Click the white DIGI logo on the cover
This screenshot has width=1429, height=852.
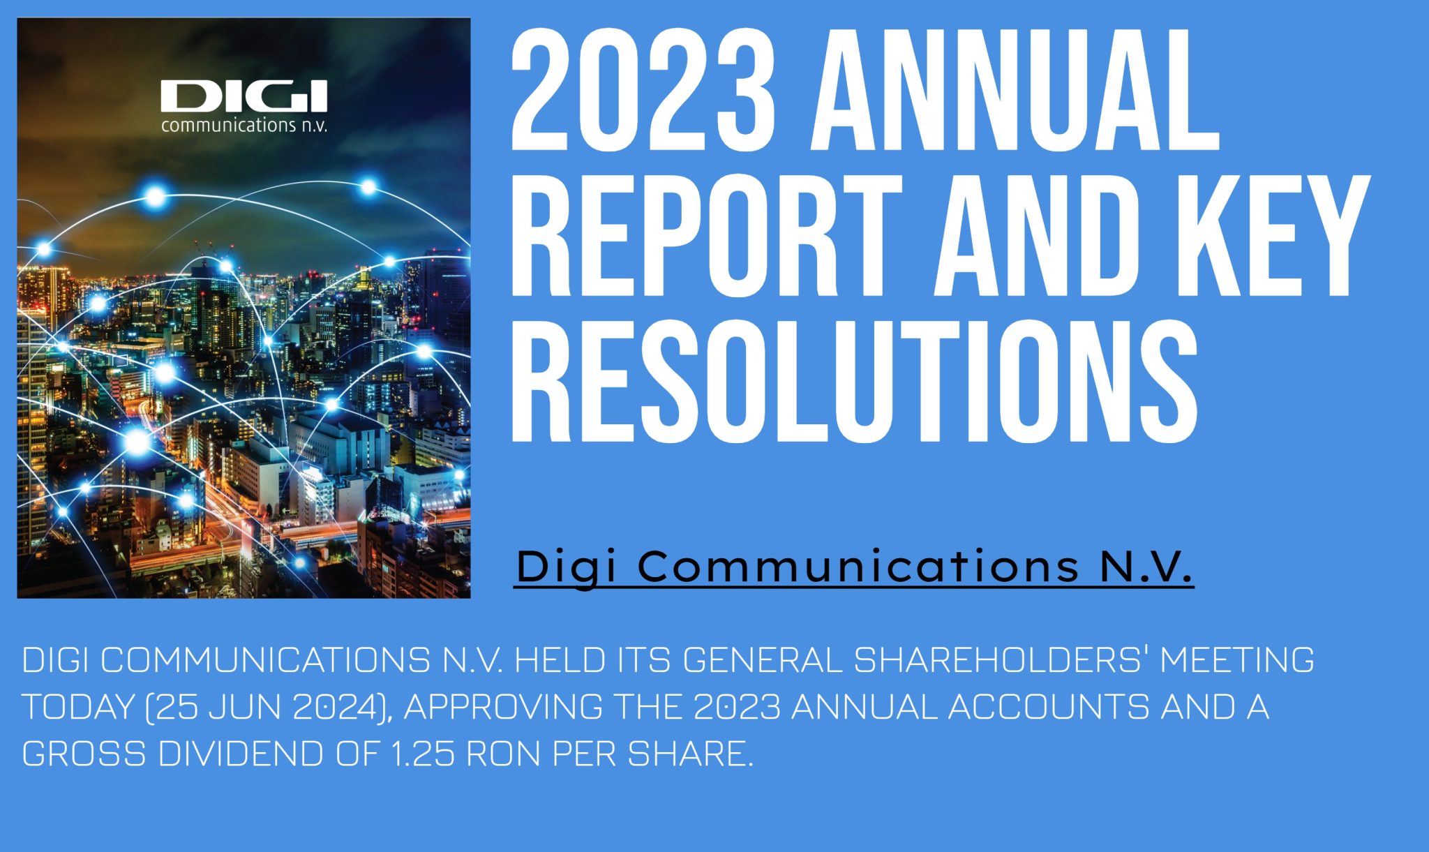244,96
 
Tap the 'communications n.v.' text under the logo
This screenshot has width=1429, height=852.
244,126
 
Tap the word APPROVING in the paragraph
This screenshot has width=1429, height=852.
503,707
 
